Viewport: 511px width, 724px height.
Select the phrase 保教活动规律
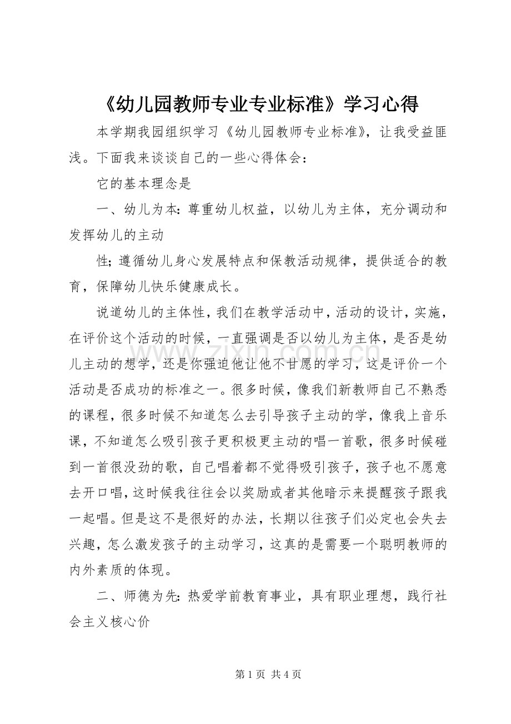[310, 261]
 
